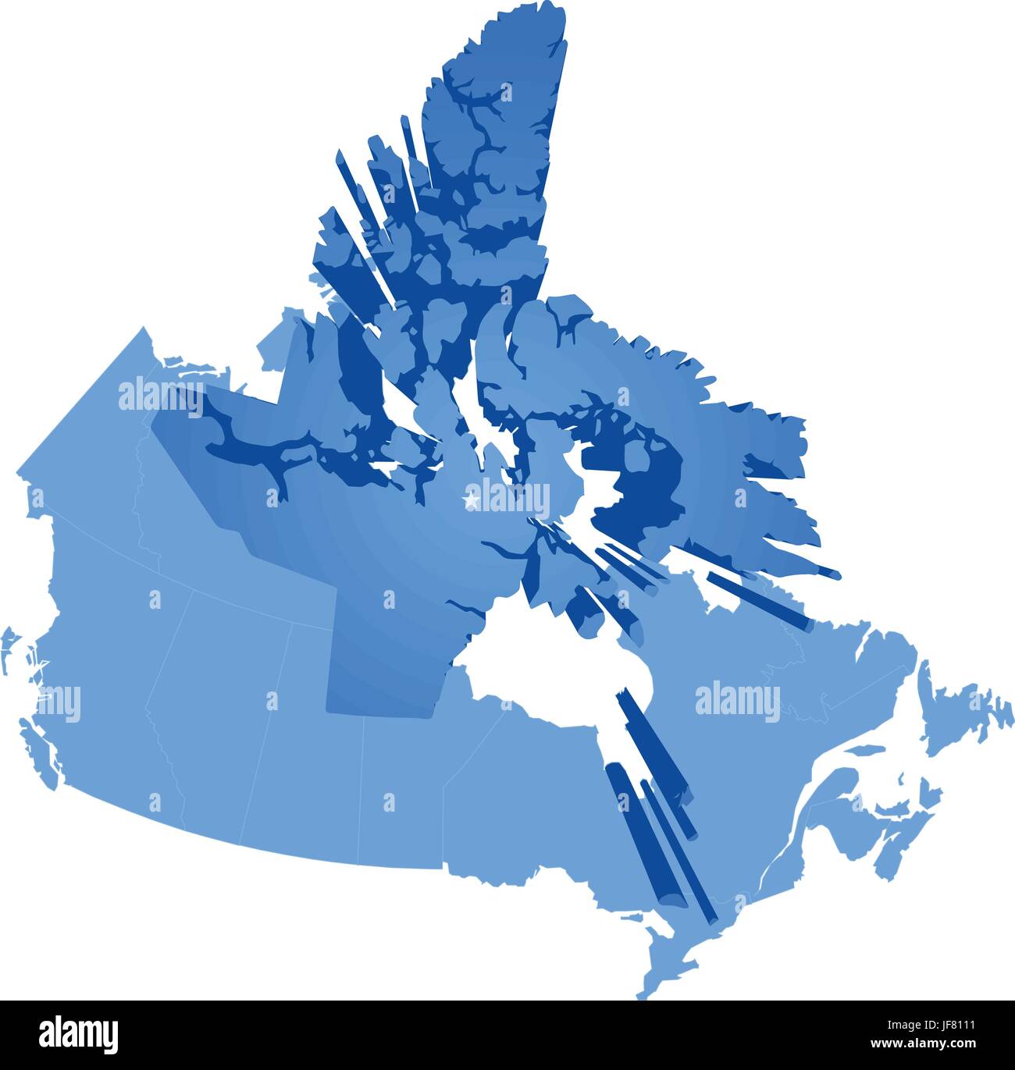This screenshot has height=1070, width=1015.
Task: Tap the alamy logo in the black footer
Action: [x=80, y=1034]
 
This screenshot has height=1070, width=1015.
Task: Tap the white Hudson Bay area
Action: [x=547, y=679]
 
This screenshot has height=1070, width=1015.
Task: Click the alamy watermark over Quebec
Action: [x=736, y=700]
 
